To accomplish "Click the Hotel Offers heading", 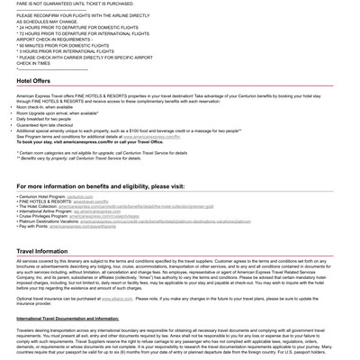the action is tap(33, 81).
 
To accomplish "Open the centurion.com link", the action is tap(79, 196).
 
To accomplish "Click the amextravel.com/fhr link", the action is tap(90, 202).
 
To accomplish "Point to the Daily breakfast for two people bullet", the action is tap(44, 118).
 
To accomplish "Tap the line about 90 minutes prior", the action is tap(63, 45).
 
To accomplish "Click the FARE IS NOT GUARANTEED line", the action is tap(76, 4).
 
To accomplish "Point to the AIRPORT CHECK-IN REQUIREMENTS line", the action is tap(54, 39).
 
